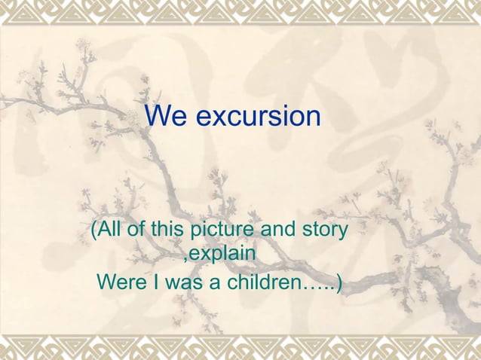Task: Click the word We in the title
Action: (161, 117)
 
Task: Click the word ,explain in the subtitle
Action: (219, 257)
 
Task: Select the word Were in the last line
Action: (122, 283)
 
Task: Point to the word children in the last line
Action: (260, 283)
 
